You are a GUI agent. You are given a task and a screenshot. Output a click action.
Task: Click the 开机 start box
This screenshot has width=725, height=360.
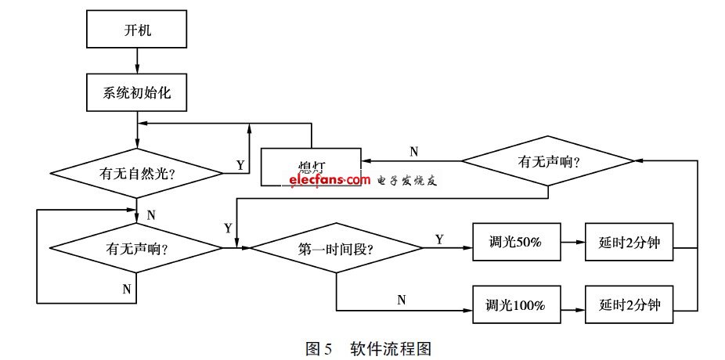pyautogui.click(x=137, y=34)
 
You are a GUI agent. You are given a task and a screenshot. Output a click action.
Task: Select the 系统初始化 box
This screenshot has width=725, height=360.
pyautogui.click(x=137, y=93)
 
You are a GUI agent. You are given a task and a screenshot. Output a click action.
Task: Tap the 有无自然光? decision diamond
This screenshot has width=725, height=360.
pyautogui.click(x=137, y=171)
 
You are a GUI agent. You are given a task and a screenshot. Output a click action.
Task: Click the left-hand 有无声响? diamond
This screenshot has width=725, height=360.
pyautogui.click(x=137, y=249)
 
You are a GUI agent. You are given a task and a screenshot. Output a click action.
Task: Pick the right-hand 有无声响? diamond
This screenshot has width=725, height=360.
pyautogui.click(x=547, y=162)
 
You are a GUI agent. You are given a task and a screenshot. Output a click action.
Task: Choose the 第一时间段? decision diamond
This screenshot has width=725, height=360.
pyautogui.click(x=336, y=249)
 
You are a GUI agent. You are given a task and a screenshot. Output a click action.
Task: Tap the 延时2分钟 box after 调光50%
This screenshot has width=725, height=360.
pyautogui.click(x=629, y=243)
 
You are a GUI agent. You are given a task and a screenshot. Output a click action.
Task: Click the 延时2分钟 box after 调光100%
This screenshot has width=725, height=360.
pyautogui.click(x=629, y=306)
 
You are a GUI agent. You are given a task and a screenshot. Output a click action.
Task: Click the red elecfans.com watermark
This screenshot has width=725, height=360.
pyautogui.click(x=329, y=180)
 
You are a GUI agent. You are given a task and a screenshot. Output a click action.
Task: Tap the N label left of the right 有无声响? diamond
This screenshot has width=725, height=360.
pyautogui.click(x=413, y=150)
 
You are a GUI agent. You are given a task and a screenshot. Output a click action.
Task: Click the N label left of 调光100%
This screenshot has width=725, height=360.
pyautogui.click(x=402, y=299)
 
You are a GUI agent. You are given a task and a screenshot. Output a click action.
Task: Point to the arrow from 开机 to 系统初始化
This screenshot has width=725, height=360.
pyautogui.click(x=137, y=60)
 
